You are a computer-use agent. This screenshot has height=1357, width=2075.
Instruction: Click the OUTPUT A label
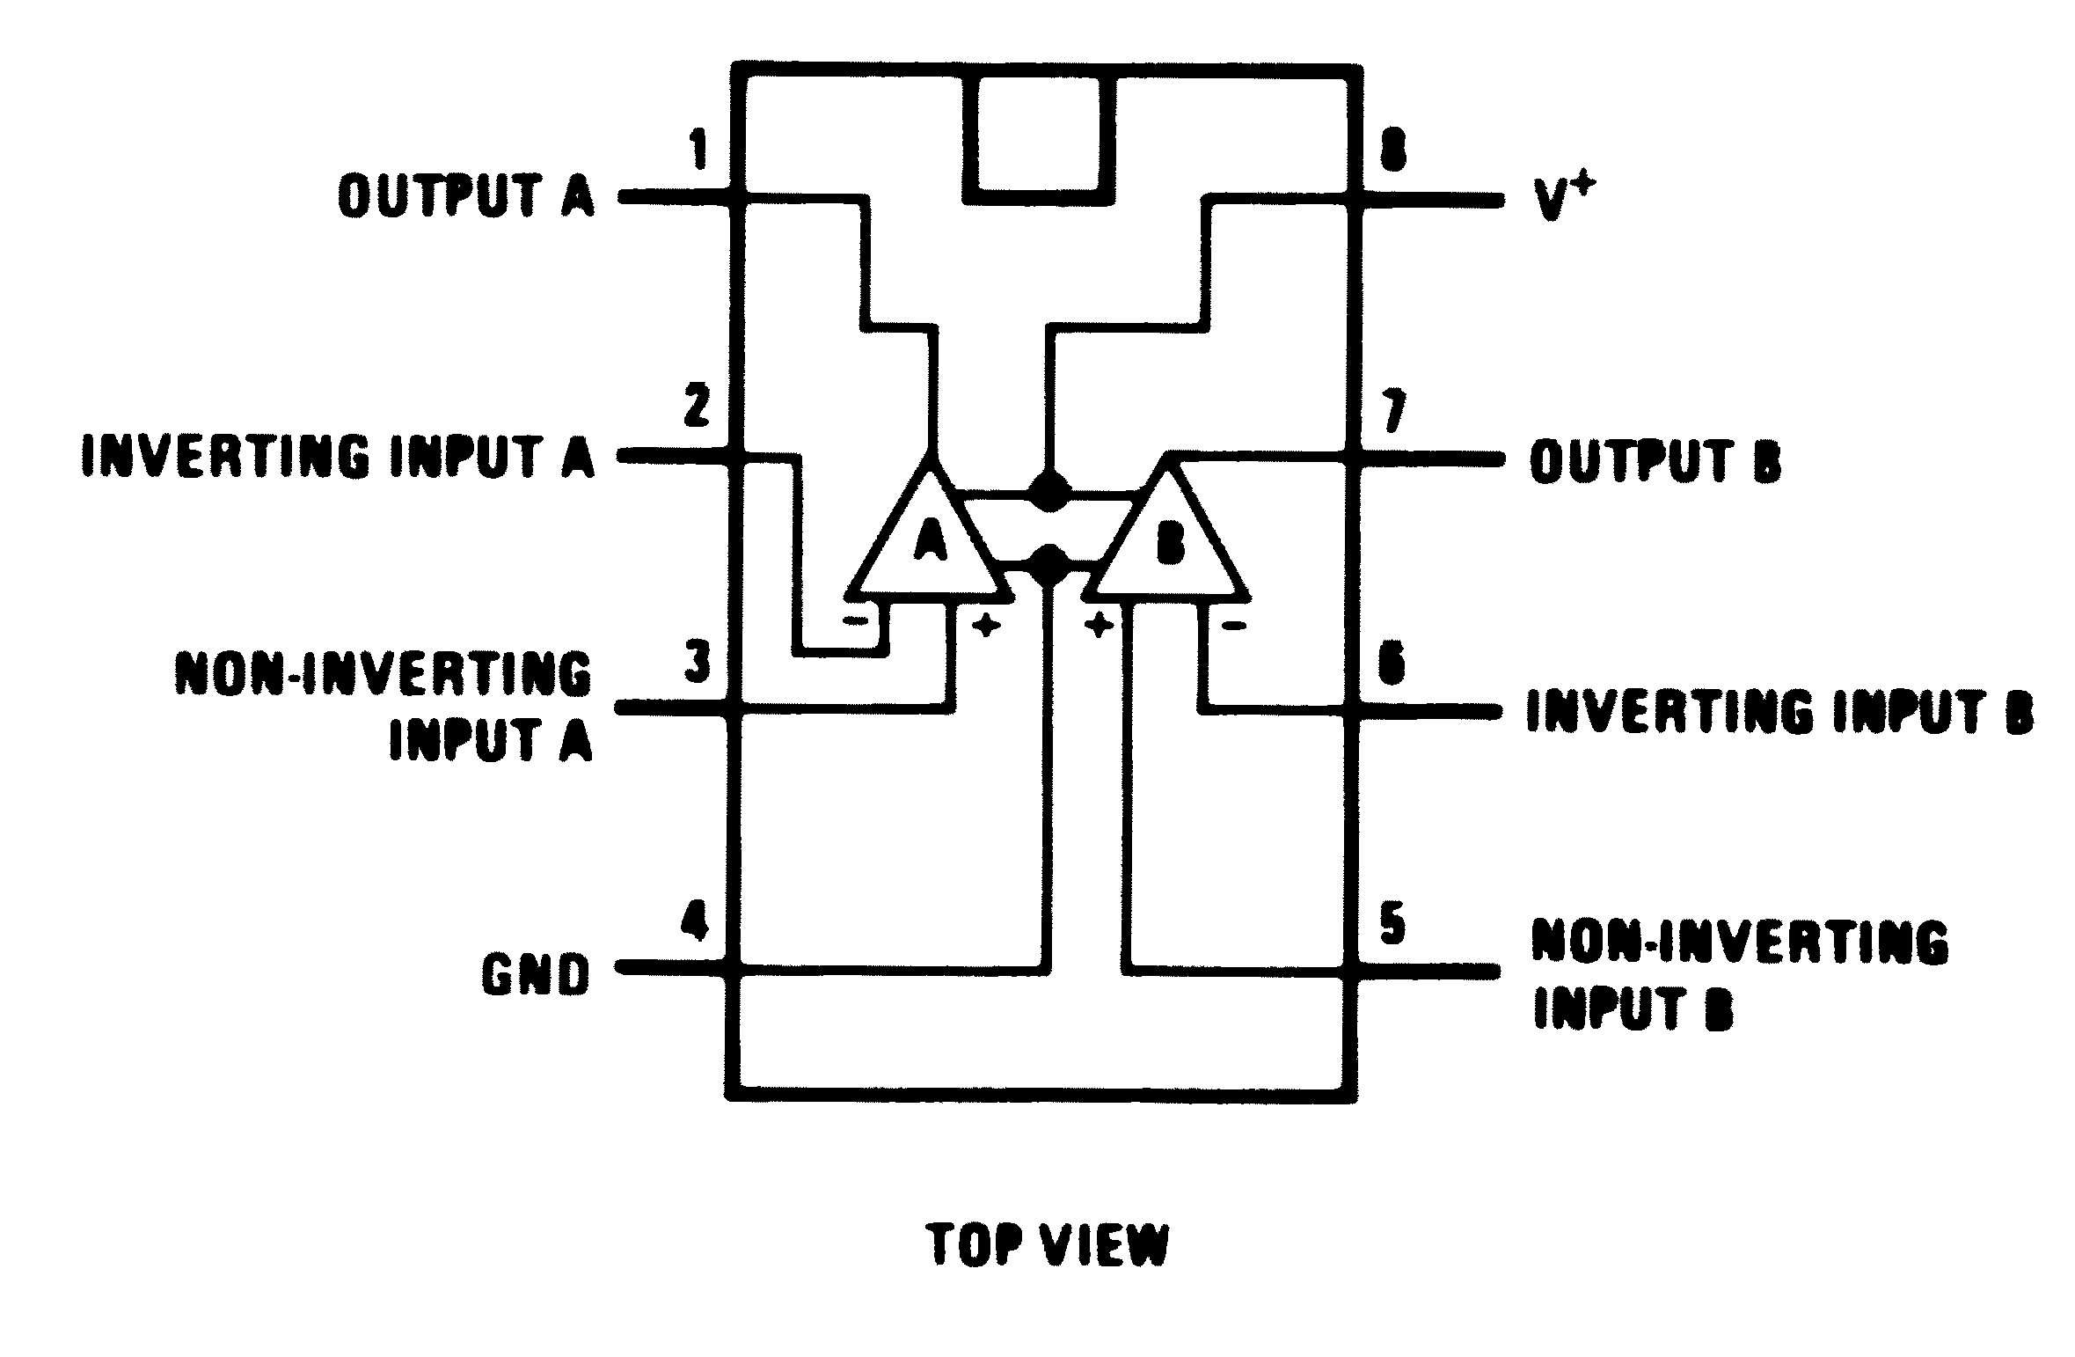click(x=466, y=195)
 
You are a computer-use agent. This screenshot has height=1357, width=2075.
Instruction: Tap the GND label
click(x=535, y=976)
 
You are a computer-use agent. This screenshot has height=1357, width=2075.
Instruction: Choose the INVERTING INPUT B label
click(x=1779, y=712)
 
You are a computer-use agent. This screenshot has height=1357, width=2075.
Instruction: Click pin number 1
click(x=700, y=150)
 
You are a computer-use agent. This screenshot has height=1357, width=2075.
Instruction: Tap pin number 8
click(x=1392, y=151)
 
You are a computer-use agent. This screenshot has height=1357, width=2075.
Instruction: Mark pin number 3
click(x=698, y=664)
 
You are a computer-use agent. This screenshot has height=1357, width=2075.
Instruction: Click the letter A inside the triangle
click(x=931, y=540)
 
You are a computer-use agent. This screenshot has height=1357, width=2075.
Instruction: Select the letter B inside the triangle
click(x=1170, y=546)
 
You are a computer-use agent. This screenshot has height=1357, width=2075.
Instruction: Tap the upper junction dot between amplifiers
click(x=1048, y=491)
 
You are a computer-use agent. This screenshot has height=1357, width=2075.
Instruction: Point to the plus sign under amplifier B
click(x=1098, y=626)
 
